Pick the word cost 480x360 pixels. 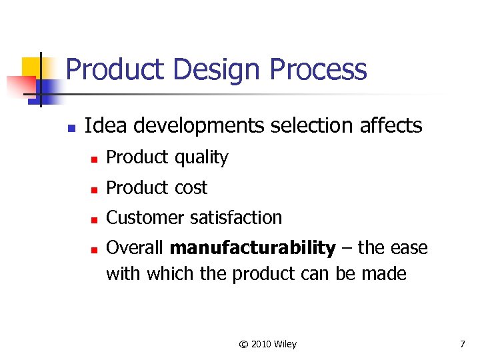191,188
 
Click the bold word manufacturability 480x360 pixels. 253,249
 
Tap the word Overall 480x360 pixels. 135,249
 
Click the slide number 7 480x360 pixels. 462,344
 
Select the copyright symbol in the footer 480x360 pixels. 243,344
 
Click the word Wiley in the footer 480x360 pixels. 285,344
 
